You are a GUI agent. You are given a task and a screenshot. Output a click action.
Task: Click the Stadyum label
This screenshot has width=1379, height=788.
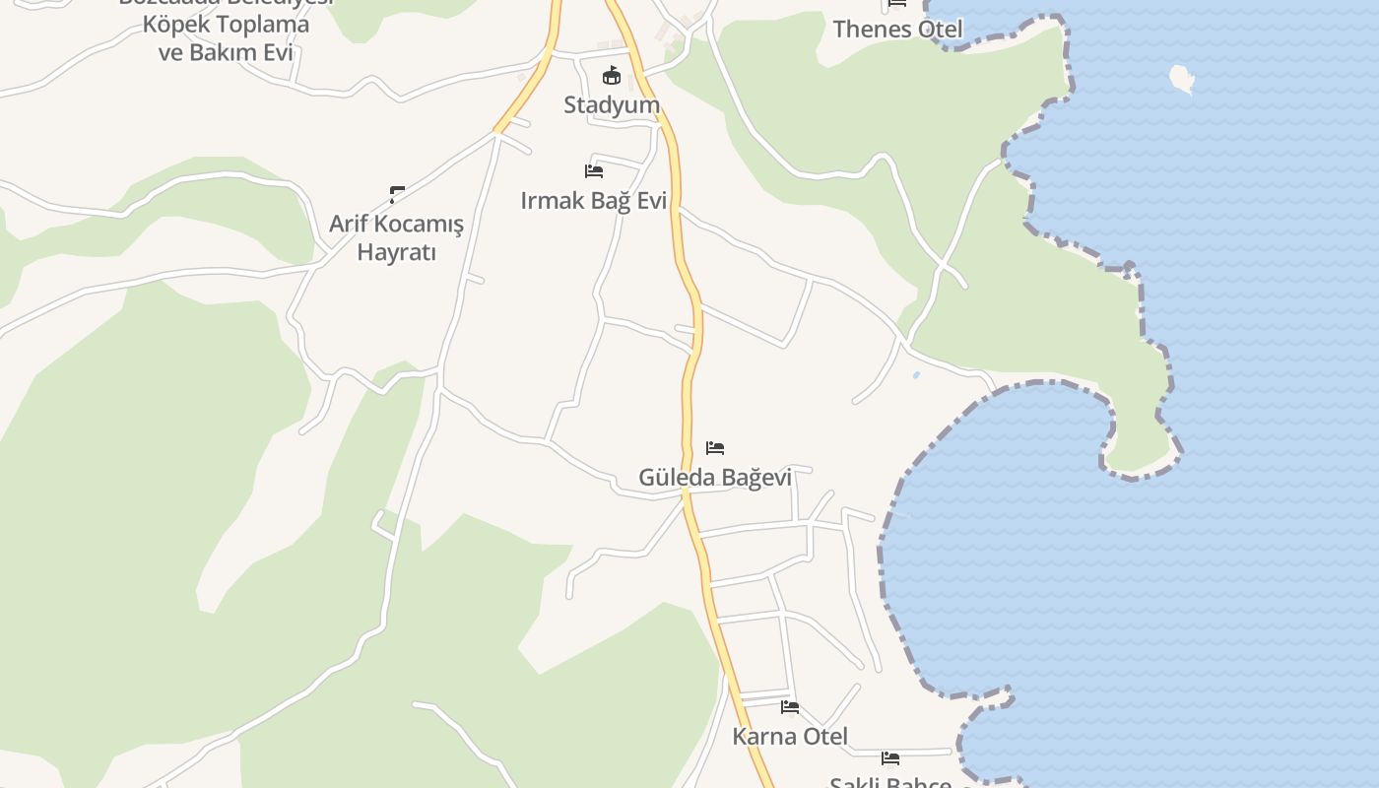[611, 104]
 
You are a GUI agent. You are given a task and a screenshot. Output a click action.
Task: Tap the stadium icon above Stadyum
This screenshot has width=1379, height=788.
[612, 75]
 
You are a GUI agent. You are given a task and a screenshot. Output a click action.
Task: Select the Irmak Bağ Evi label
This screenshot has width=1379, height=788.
[593, 201]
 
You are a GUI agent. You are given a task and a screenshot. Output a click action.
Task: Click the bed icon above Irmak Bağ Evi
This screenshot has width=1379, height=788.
[594, 170]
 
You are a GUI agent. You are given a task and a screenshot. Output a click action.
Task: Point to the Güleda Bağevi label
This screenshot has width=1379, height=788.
[715, 478]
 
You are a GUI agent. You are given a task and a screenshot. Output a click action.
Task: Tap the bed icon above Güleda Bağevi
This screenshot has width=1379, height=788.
[715, 448]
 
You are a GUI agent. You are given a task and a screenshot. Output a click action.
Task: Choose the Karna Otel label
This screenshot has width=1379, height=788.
[790, 736]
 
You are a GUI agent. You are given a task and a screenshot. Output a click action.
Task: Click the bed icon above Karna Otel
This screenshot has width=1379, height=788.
[790, 706]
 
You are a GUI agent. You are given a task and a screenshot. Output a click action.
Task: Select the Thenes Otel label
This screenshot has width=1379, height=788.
[897, 29]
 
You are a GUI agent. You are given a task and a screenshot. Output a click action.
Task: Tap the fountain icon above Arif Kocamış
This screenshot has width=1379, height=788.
[397, 194]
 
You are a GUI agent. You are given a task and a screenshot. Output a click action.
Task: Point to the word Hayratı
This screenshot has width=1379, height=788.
[396, 252]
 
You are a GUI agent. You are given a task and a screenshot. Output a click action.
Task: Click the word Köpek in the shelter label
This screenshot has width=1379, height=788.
[188, 25]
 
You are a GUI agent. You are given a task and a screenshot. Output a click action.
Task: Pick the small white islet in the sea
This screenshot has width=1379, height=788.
[1182, 78]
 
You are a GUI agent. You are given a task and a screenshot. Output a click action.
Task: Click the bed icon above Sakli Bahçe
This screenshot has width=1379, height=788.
[890, 757]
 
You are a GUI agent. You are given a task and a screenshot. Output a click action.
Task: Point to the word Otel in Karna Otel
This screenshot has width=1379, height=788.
[825, 736]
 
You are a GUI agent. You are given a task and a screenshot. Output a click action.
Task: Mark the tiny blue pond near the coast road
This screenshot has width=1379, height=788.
[917, 375]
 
